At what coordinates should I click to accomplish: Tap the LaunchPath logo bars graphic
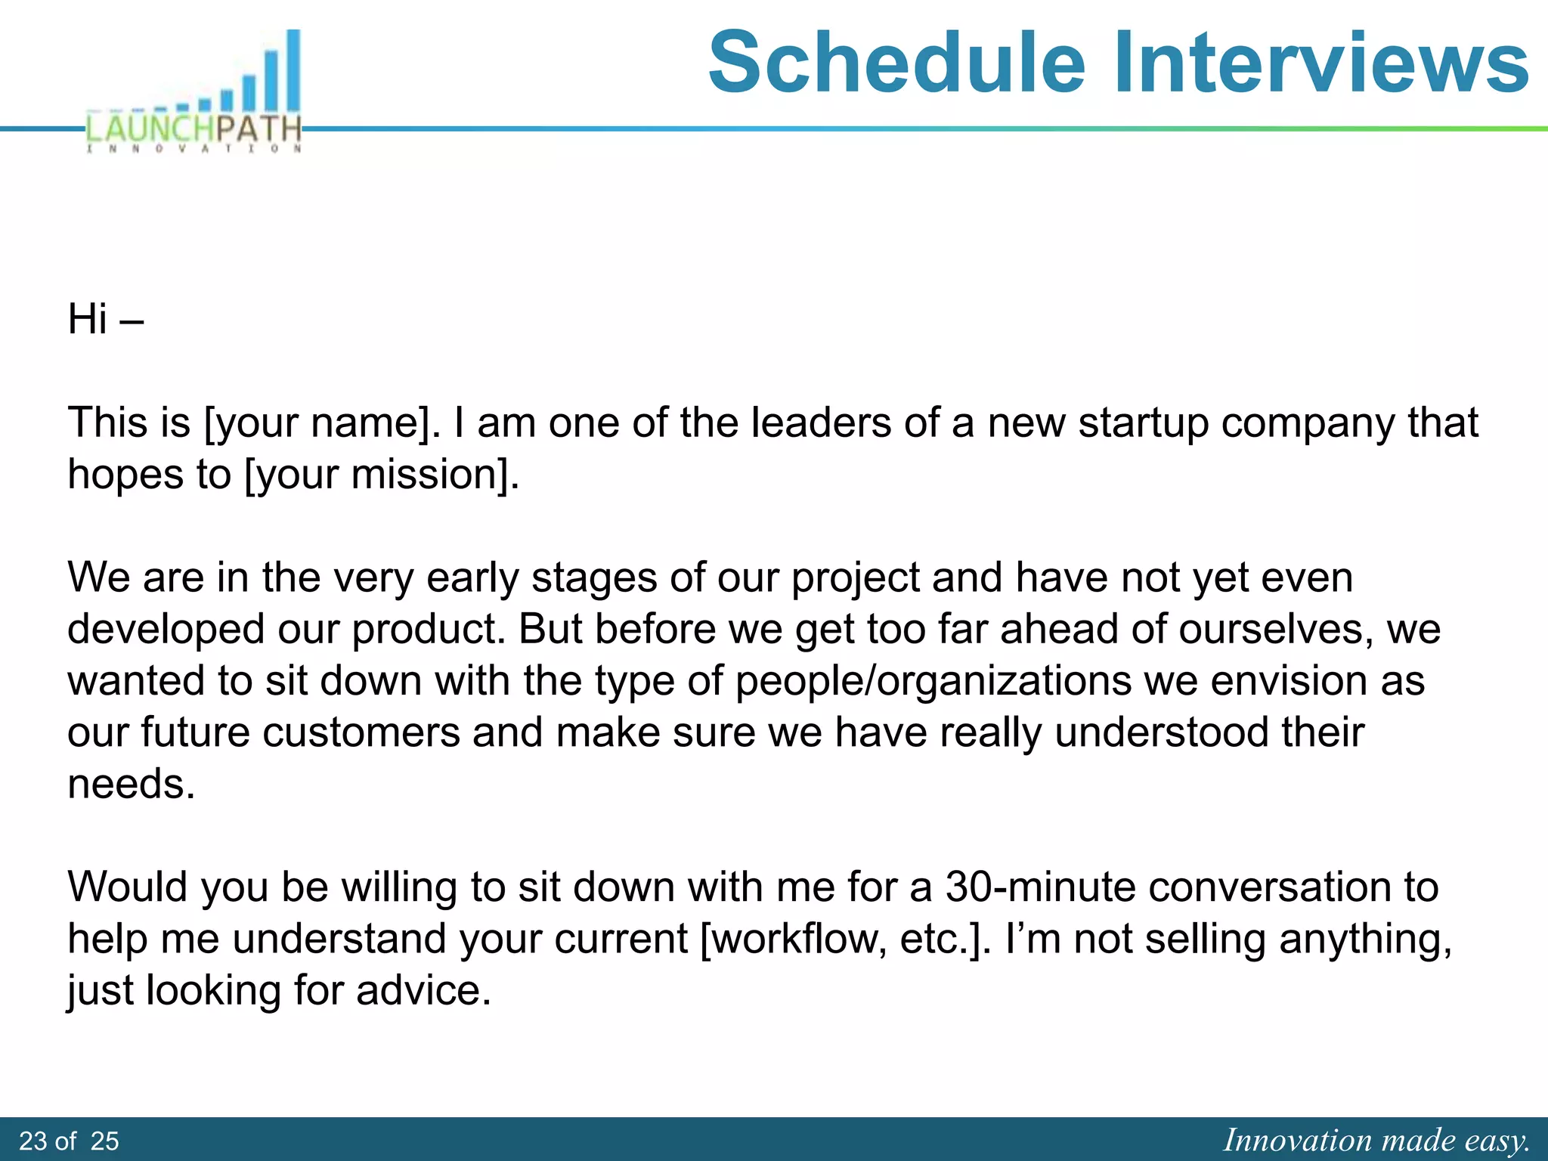[249, 76]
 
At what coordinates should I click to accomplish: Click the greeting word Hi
[87, 319]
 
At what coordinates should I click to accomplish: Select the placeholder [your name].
[322, 423]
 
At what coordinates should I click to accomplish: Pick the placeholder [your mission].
[382, 475]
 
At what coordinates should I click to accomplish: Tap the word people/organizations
[933, 681]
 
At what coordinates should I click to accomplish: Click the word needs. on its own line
[131, 784]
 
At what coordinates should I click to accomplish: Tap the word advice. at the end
[423, 990]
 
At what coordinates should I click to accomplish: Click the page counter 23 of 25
[69, 1141]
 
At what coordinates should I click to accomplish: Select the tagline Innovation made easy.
[1376, 1140]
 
